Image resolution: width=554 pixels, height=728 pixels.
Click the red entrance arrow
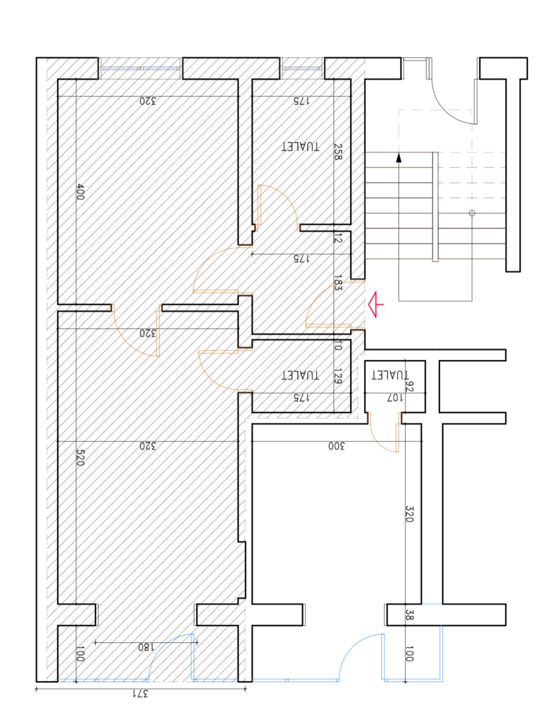coord(375,304)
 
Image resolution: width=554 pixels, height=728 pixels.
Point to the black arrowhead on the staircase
coord(399,158)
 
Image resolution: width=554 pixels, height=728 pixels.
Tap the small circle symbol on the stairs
coord(472,213)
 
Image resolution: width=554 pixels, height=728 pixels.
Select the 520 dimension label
coord(80,457)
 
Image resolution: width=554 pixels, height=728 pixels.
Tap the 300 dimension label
coord(336,446)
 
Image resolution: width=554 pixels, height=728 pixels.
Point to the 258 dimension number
coord(337,152)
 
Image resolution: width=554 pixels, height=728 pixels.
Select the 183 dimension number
coord(337,282)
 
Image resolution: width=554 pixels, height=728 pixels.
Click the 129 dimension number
coord(337,377)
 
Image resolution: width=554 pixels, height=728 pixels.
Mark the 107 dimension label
coord(395,398)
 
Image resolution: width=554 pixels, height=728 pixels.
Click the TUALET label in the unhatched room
coord(390,375)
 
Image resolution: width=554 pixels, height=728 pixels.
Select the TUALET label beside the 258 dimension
coord(301,147)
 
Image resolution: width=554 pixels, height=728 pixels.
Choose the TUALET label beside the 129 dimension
coord(301,375)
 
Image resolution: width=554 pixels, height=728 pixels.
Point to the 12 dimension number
coord(337,238)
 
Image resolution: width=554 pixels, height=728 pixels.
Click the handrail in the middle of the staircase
coord(435,207)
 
